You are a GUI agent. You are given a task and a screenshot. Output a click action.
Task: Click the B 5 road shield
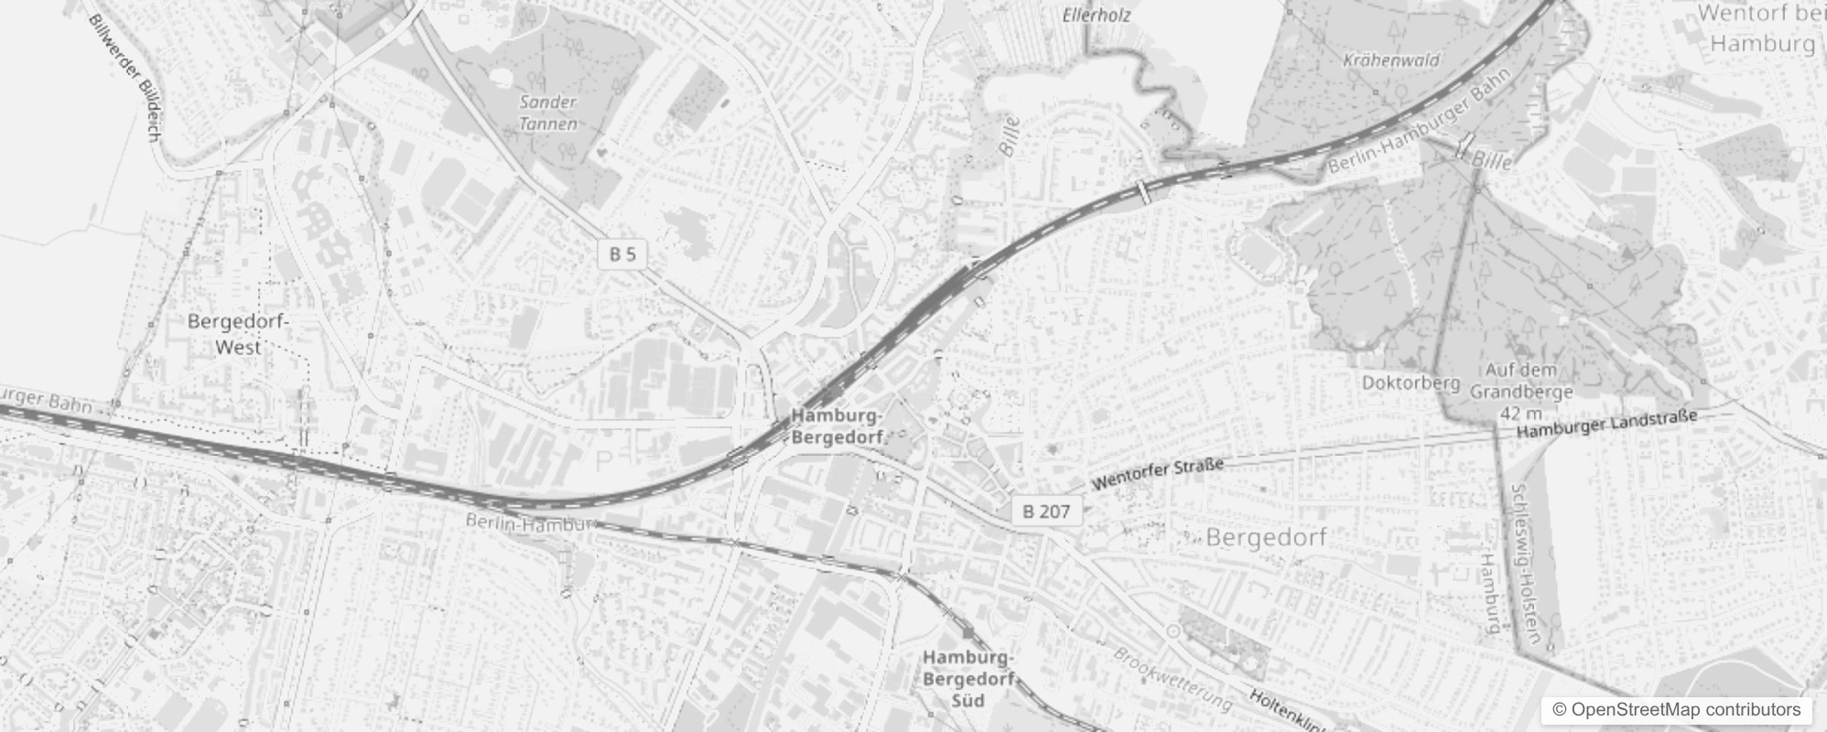[622, 253]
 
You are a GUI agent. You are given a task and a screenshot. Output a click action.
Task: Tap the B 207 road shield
[1046, 511]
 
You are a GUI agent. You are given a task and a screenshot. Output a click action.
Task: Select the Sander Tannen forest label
[548, 113]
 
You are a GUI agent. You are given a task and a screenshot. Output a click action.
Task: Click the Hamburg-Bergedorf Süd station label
[968, 679]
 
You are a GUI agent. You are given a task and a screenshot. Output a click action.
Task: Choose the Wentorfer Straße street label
[1158, 475]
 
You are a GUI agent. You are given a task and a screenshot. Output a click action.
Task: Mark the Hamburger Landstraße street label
[1606, 423]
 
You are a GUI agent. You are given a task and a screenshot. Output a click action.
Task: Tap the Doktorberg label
[1411, 382]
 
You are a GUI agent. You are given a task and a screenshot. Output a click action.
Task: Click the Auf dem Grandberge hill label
[1521, 381]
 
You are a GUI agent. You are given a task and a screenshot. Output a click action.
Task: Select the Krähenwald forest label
[1392, 60]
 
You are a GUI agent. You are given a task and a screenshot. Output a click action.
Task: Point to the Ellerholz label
[1097, 15]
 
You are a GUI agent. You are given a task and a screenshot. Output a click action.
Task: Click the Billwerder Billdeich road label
[125, 78]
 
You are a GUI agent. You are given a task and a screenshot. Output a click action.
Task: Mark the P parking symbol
[603, 460]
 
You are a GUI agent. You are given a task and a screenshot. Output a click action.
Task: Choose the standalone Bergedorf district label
[1266, 537]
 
